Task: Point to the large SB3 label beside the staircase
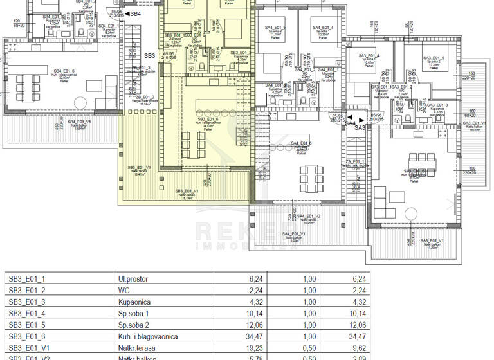pyautogui.click(x=149, y=56)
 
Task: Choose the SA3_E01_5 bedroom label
pyautogui.click(x=437, y=59)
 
